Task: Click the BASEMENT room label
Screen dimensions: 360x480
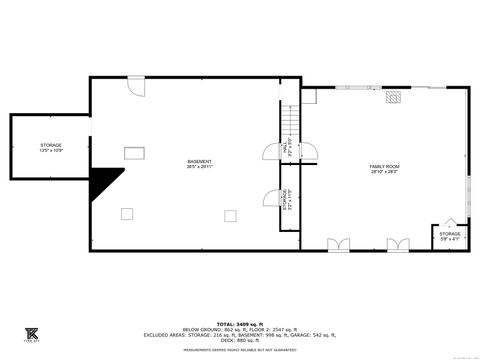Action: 200,165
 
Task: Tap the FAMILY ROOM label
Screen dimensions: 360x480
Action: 385,168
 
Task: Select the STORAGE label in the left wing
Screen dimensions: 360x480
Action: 50,148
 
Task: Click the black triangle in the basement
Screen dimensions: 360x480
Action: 104,183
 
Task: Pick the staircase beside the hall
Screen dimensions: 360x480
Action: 288,121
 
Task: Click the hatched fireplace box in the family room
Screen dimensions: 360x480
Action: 396,99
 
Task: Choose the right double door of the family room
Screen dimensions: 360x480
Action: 398,243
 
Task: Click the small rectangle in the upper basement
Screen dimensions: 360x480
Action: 134,152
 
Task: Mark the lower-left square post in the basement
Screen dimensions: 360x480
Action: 127,212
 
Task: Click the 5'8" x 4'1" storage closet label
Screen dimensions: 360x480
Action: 450,236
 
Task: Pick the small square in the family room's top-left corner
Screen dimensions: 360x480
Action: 309,95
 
